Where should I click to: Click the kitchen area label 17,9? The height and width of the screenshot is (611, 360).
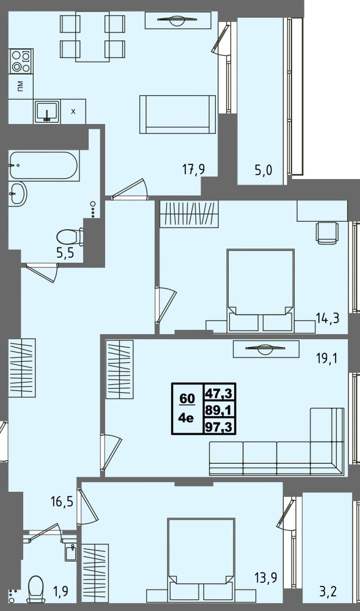pyautogui.click(x=193, y=170)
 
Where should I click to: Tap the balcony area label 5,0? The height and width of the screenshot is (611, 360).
pyautogui.click(x=263, y=170)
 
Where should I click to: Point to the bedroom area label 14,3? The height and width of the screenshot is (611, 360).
pyautogui.click(x=328, y=318)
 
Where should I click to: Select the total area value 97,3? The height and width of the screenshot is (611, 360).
pyautogui.click(x=219, y=427)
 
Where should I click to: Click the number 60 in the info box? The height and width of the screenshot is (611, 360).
pyautogui.click(x=187, y=398)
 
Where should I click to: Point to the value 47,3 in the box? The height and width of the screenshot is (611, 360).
pyautogui.click(x=219, y=393)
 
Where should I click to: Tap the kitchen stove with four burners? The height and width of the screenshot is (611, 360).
pyautogui.click(x=21, y=60)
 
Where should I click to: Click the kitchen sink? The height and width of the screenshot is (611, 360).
pyautogui.click(x=46, y=111)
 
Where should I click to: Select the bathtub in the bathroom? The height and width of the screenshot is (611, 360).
pyautogui.click(x=44, y=166)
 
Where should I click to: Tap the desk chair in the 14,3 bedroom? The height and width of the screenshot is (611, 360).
pyautogui.click(x=328, y=233)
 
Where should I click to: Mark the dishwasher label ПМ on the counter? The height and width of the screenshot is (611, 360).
pyautogui.click(x=20, y=86)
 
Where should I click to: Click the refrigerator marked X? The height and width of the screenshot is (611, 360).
pyautogui.click(x=73, y=111)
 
